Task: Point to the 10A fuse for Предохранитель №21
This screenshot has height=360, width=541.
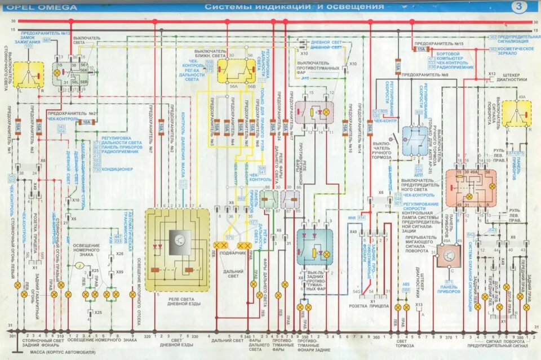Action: click(x=86, y=122)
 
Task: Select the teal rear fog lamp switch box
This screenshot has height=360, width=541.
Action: click(x=314, y=247)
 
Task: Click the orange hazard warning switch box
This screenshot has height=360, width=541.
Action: click(x=471, y=188)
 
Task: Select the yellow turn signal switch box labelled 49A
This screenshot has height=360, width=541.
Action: click(x=517, y=114)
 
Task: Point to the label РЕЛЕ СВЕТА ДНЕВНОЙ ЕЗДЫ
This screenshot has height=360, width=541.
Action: click(x=177, y=298)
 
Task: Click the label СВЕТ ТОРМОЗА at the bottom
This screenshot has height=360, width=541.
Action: click(x=401, y=344)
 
